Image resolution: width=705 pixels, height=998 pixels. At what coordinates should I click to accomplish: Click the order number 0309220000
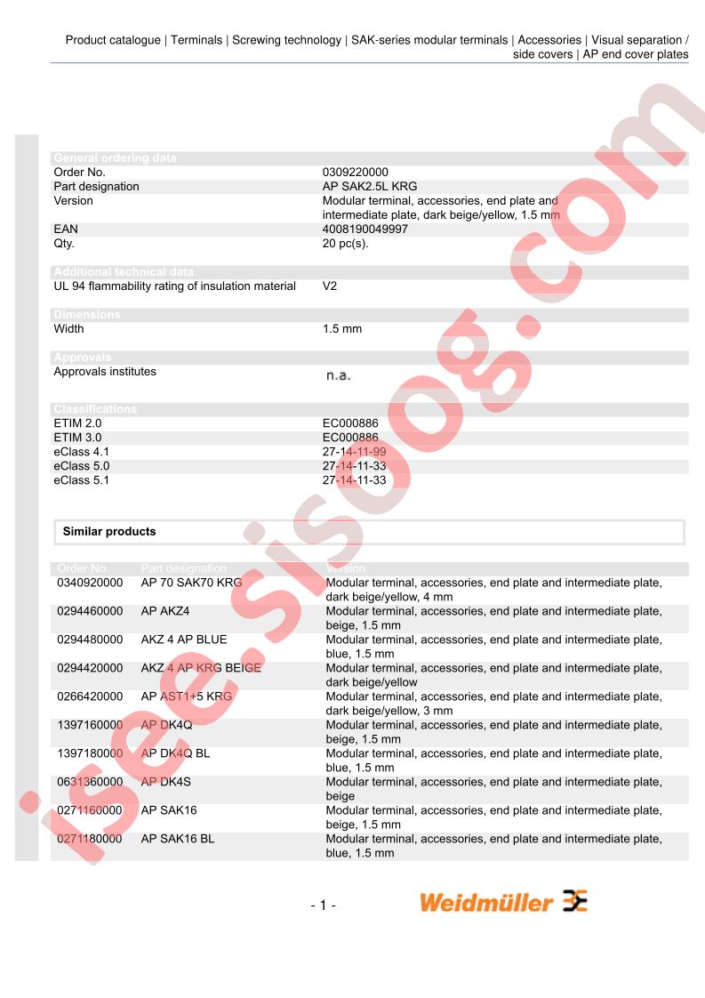pyautogui.click(x=355, y=173)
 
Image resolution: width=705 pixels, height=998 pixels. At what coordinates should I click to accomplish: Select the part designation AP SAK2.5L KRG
pyautogui.click(x=369, y=187)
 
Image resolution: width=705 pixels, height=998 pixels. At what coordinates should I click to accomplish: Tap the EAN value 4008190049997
pyautogui.click(x=365, y=229)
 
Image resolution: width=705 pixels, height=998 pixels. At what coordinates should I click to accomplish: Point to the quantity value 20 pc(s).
pyautogui.click(x=345, y=244)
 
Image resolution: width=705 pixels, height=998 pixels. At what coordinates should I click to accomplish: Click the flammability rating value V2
pyautogui.click(x=330, y=286)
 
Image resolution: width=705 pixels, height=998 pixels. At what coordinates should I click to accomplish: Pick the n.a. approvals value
pyautogui.click(x=338, y=375)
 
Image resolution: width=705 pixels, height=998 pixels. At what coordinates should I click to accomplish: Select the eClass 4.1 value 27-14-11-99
pyautogui.click(x=354, y=452)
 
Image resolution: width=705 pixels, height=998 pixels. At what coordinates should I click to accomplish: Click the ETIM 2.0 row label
pyautogui.click(x=77, y=423)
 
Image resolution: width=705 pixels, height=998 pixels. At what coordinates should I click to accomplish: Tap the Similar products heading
pyautogui.click(x=108, y=532)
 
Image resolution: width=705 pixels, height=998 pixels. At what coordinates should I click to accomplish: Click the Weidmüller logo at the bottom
pyautogui.click(x=503, y=902)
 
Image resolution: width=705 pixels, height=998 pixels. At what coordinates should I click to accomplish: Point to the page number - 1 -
pyautogui.click(x=323, y=905)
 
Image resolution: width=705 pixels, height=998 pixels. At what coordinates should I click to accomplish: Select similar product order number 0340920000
pyautogui.click(x=90, y=584)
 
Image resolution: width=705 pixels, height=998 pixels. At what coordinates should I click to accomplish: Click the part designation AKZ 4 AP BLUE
pyautogui.click(x=184, y=640)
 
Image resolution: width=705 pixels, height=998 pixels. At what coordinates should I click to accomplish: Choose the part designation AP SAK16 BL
pyautogui.click(x=178, y=840)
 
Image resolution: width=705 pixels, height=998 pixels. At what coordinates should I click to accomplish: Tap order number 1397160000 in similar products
pyautogui.click(x=90, y=726)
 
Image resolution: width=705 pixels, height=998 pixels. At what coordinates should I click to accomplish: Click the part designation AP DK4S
pyautogui.click(x=166, y=783)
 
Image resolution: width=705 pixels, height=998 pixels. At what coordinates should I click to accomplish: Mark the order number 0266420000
pyautogui.click(x=90, y=697)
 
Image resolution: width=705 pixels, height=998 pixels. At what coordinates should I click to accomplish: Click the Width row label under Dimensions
pyautogui.click(x=68, y=329)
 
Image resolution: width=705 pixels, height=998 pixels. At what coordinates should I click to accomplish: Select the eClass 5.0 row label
pyautogui.click(x=81, y=466)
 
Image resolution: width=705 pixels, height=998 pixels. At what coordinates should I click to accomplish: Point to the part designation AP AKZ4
pyautogui.click(x=165, y=612)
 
